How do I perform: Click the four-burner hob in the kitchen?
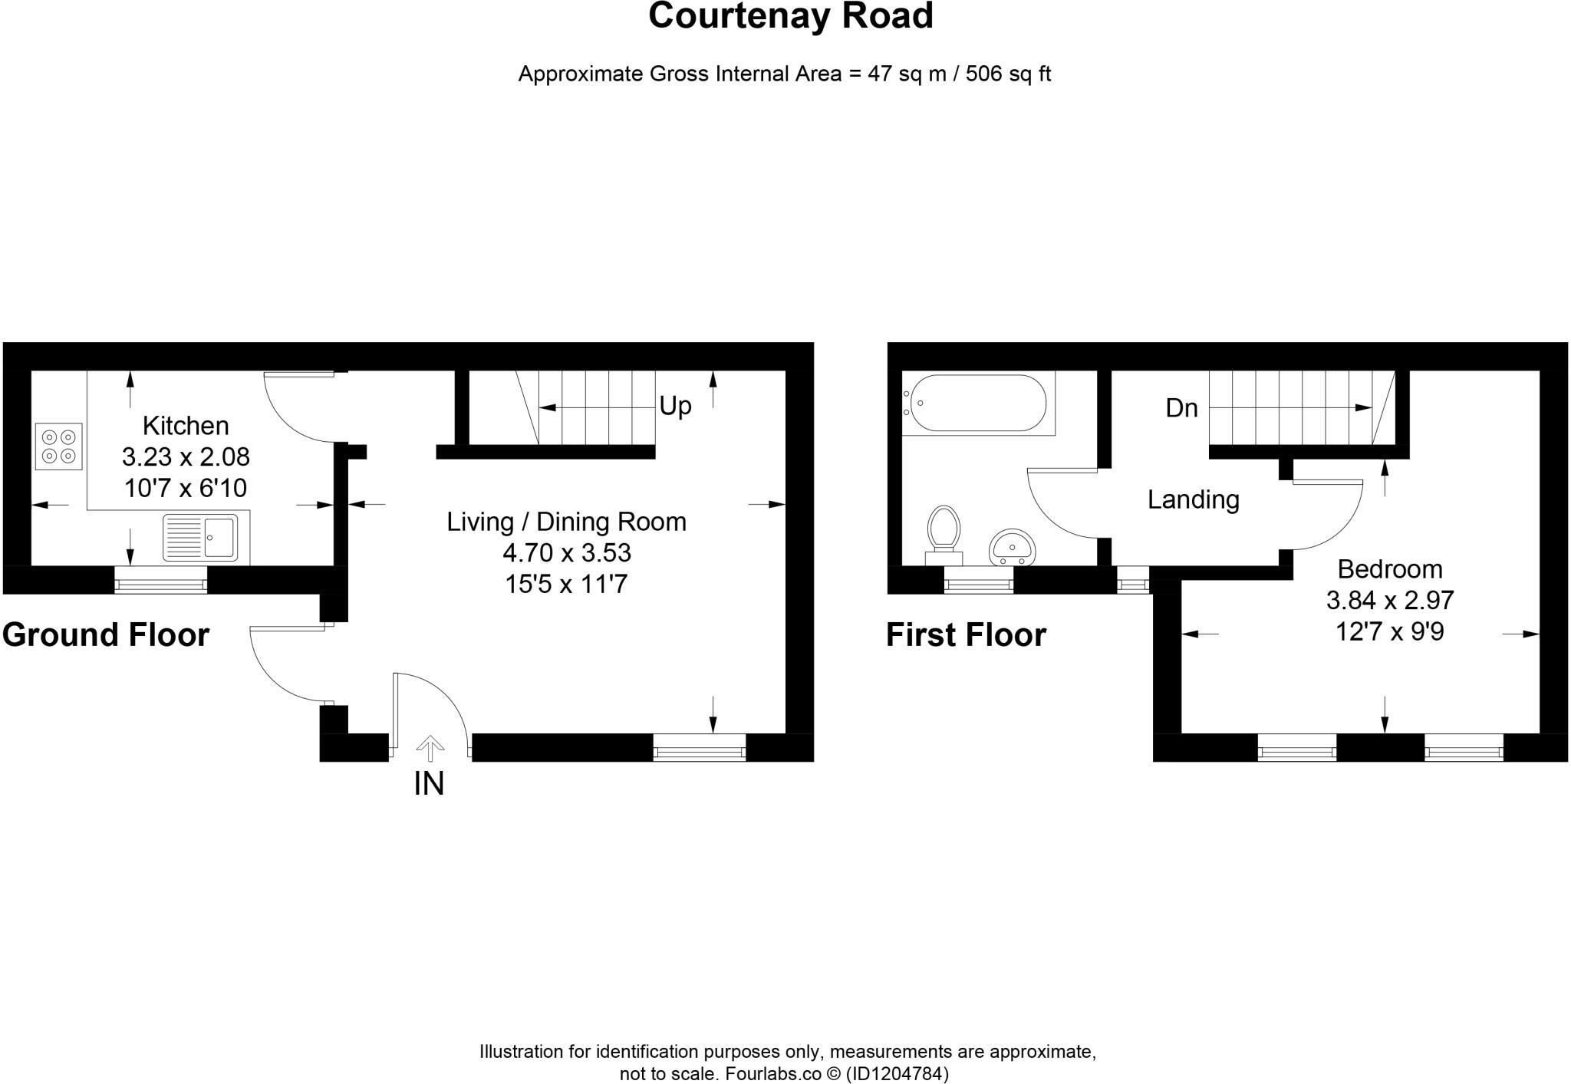[58, 446]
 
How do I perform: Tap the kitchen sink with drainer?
[201, 537]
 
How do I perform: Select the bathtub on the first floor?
[974, 403]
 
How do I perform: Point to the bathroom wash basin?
[1013, 547]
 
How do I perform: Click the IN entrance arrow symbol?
[430, 747]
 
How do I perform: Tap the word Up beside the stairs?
[675, 406]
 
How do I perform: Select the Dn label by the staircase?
[1181, 408]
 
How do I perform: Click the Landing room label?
[1193, 500]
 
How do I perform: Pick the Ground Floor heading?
[106, 635]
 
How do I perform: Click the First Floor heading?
[966, 635]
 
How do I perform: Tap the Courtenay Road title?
[790, 16]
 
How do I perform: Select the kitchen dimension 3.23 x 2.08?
[186, 457]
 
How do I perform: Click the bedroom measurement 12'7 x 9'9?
[1389, 632]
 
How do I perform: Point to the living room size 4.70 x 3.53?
[566, 552]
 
